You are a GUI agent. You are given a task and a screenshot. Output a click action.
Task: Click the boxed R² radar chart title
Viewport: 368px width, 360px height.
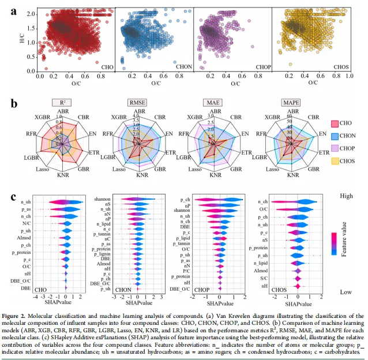click(59, 103)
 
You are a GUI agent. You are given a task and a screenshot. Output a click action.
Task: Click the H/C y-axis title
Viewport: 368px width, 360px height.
click(22, 40)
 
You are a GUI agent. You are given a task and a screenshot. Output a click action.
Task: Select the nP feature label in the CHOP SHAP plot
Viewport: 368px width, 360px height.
click(187, 205)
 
